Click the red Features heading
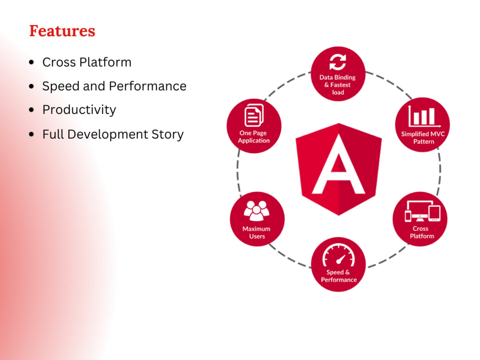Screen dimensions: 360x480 pyautogui.click(x=62, y=31)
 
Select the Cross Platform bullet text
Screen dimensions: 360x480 pyautogui.click(x=86, y=62)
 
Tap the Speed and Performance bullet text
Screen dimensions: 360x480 pyautogui.click(x=114, y=86)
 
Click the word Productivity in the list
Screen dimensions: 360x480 pyautogui.click(x=79, y=110)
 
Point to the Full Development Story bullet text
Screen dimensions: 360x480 pyautogui.click(x=113, y=134)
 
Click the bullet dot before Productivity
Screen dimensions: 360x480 pyautogui.click(x=32, y=110)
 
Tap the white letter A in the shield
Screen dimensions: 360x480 pyautogui.click(x=339, y=168)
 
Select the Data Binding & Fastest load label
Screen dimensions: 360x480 pyautogui.click(x=338, y=85)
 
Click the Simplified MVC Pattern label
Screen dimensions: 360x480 pyautogui.click(x=423, y=138)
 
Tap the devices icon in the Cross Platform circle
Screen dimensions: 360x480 pyautogui.click(x=422, y=211)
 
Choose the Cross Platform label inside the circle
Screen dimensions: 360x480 pyautogui.click(x=421, y=232)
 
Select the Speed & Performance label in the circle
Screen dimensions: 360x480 pyautogui.click(x=338, y=276)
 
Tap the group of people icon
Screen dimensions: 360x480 pyautogui.click(x=257, y=211)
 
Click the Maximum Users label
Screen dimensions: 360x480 pyautogui.click(x=256, y=232)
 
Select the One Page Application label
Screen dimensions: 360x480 pyautogui.click(x=254, y=137)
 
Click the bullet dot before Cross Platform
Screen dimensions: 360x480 pyautogui.click(x=32, y=62)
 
